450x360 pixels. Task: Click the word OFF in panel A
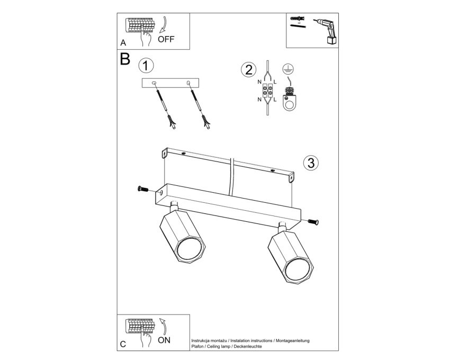pyautogui.click(x=166, y=39)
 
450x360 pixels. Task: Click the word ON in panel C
pyautogui.click(x=164, y=340)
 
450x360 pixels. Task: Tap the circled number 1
pyautogui.click(x=146, y=66)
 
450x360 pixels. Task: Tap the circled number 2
pyautogui.click(x=248, y=69)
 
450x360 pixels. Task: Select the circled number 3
pyautogui.click(x=311, y=163)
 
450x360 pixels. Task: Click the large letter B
pyautogui.click(x=125, y=59)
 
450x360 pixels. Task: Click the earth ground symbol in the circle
pyautogui.click(x=287, y=68)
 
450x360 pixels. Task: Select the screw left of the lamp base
pyautogui.click(x=143, y=189)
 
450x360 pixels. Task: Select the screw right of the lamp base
pyautogui.click(x=313, y=222)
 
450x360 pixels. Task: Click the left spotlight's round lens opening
pyautogui.click(x=188, y=249)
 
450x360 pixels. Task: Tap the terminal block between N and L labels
pyautogui.click(x=267, y=91)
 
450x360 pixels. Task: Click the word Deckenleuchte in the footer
pyautogui.click(x=248, y=347)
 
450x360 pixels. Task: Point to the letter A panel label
pyautogui.click(x=123, y=43)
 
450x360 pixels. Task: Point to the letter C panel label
pyautogui.click(x=123, y=344)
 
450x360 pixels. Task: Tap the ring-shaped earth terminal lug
pyautogui.click(x=289, y=102)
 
